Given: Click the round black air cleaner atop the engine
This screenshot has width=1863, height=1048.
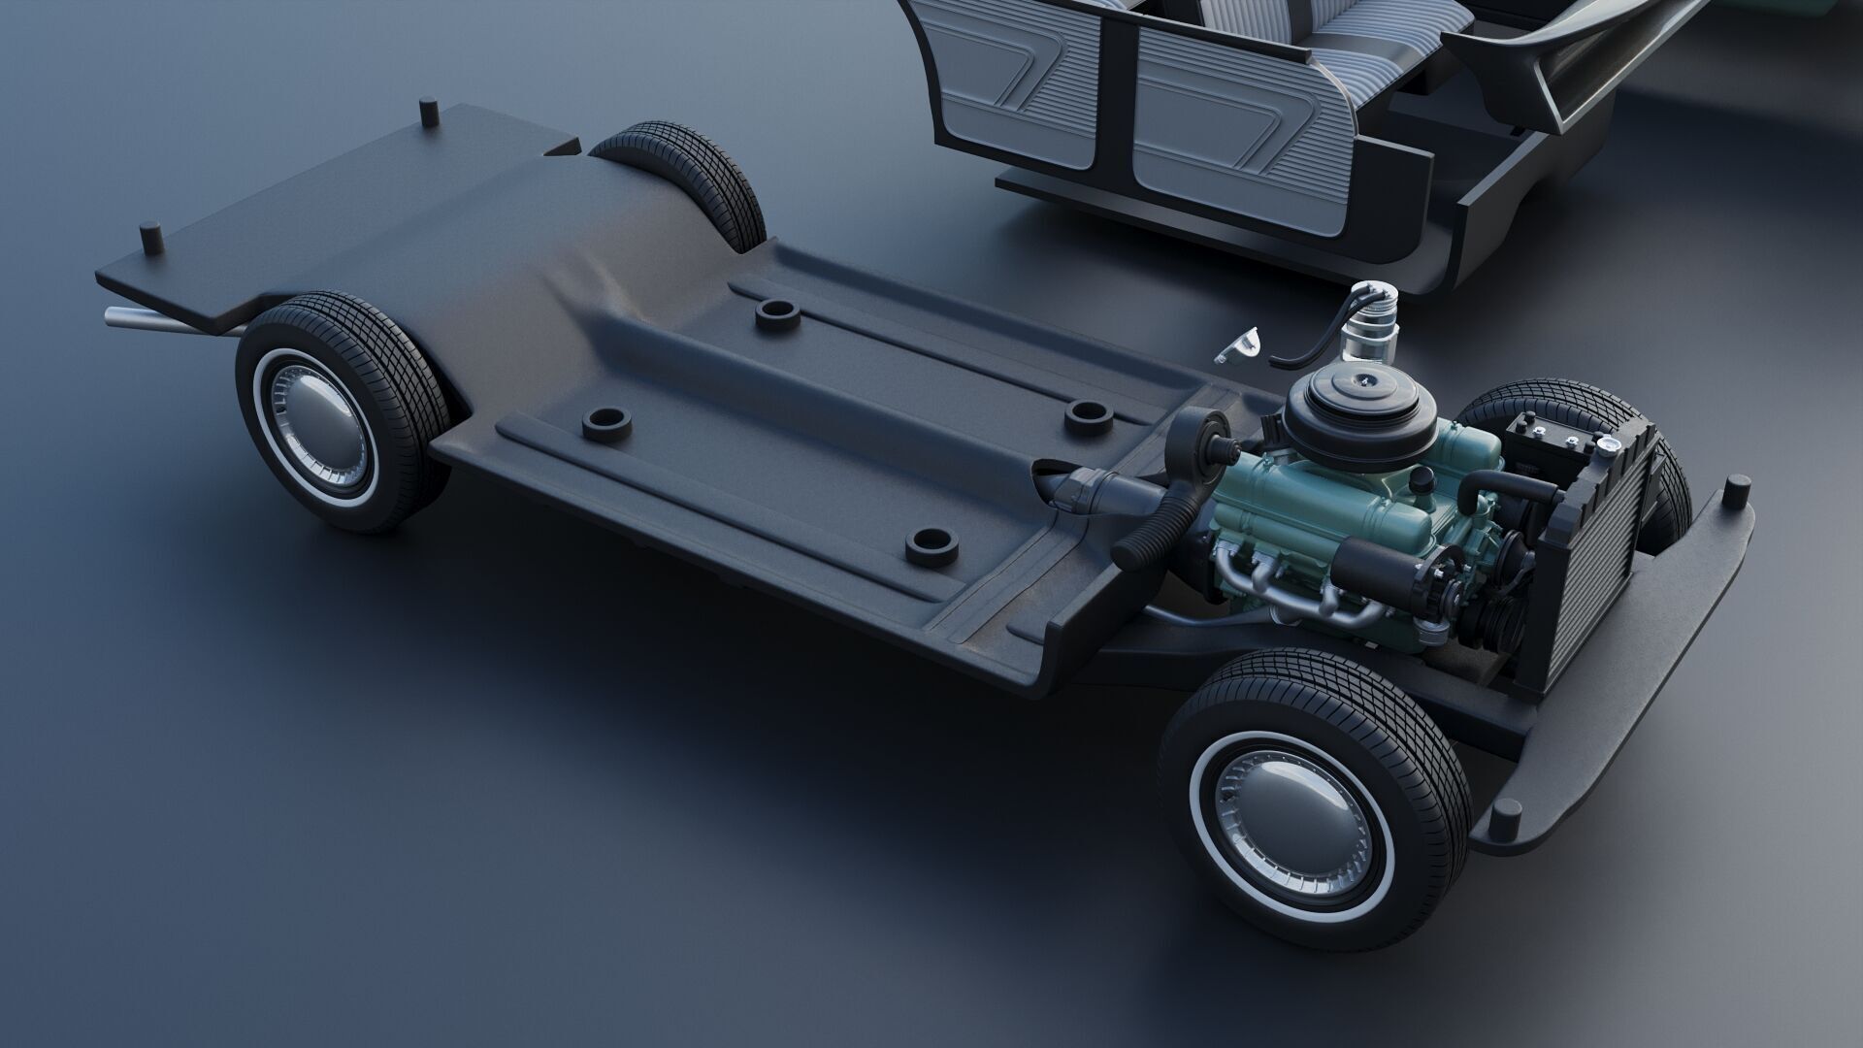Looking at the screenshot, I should pyautogui.click(x=1350, y=401).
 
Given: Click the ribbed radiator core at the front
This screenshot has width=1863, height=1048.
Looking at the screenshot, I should pyautogui.click(x=1591, y=573).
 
